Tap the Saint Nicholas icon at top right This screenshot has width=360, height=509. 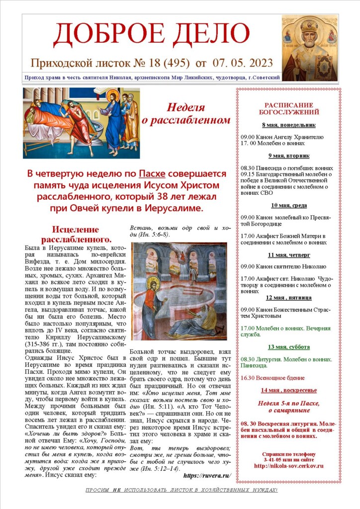click(x=309, y=48)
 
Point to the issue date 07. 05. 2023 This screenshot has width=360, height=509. click(x=243, y=63)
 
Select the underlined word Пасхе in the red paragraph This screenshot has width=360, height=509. click(x=152, y=174)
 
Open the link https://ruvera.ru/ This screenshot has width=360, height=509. click(x=207, y=476)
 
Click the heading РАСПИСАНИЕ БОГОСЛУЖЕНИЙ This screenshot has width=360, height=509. click(x=289, y=108)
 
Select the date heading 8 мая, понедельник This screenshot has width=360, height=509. click(x=289, y=125)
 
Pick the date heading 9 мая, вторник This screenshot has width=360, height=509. click(x=289, y=156)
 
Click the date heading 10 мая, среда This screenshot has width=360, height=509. click(x=289, y=205)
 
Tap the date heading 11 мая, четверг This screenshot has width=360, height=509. click(x=289, y=255)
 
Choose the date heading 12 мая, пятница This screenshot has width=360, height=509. click(x=289, y=298)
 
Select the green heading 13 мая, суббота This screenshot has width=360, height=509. click(x=289, y=347)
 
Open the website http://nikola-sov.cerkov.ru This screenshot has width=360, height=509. click(x=289, y=466)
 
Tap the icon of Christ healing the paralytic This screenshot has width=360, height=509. click(x=81, y=123)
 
